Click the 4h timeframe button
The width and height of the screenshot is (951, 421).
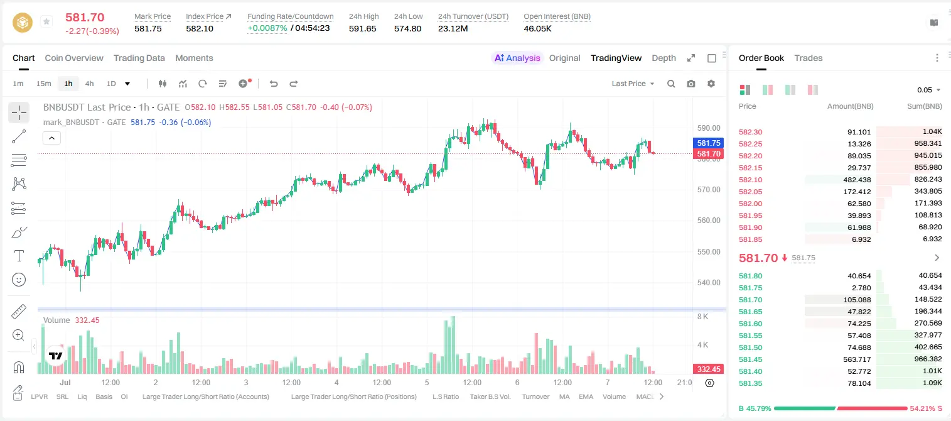[89, 84]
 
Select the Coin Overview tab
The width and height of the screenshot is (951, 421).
[74, 58]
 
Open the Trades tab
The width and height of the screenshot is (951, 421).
[808, 58]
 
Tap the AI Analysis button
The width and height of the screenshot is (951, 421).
[517, 58]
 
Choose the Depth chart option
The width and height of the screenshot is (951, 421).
[664, 58]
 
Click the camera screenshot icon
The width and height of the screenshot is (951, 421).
[691, 84]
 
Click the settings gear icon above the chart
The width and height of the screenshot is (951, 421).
[711, 84]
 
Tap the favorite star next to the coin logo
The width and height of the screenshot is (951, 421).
[46, 21]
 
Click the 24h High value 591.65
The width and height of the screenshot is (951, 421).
[363, 28]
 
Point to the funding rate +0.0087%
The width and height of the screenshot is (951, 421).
[267, 28]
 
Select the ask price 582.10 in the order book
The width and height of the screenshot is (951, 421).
[750, 180]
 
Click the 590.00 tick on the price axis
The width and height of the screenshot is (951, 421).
[709, 128]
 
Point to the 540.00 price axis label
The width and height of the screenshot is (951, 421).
[709, 283]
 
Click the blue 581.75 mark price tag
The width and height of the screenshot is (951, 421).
[708, 143]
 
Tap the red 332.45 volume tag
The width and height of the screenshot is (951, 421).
[708, 369]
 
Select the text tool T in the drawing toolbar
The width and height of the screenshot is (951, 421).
[19, 256]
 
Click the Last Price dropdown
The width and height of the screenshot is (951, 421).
[633, 84]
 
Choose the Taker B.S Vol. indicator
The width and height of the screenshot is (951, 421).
[490, 396]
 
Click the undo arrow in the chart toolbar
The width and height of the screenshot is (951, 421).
[274, 84]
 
